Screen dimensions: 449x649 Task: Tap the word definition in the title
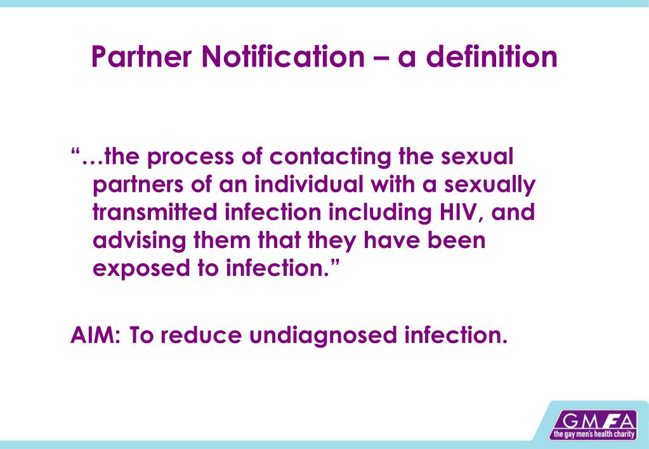click(492, 57)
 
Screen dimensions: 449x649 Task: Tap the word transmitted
click(155, 212)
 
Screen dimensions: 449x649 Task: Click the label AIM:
click(96, 334)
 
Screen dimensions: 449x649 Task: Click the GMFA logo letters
click(593, 421)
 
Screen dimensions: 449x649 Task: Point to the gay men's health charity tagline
click(593, 435)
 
